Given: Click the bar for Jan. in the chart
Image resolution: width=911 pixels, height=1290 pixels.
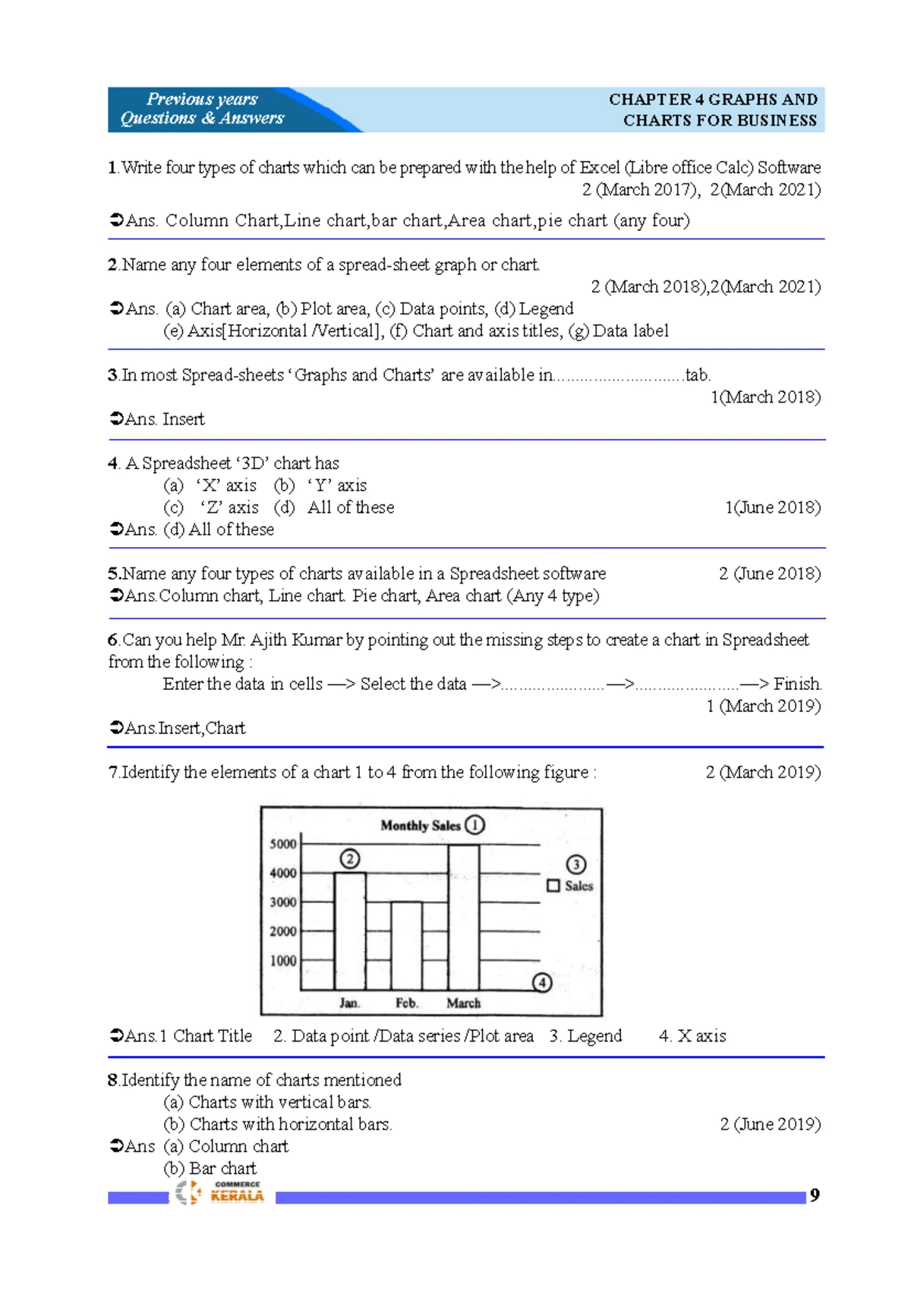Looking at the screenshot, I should tap(350, 931).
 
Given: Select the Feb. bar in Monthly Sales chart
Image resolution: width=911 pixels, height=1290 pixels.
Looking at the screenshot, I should tap(406, 946).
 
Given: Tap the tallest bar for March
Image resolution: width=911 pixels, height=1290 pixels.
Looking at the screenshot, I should tap(463, 917).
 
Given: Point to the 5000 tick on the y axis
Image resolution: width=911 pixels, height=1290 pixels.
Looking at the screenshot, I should tap(283, 844).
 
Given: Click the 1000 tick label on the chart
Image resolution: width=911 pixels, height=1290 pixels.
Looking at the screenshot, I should tap(283, 961).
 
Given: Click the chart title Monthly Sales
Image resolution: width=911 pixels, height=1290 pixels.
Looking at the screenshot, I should tap(421, 826).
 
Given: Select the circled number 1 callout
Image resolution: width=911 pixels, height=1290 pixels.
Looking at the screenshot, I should tap(474, 825).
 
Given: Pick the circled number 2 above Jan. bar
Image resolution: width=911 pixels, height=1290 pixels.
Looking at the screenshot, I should tap(349, 859).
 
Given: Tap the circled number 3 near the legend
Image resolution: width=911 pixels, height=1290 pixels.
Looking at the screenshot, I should tap(576, 865).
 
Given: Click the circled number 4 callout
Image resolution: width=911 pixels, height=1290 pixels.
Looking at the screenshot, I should tap(541, 983).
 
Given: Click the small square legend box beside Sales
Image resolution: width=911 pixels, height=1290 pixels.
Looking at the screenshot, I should tap(553, 886).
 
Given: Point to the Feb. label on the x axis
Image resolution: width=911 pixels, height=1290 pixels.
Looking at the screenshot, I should tap(406, 1004).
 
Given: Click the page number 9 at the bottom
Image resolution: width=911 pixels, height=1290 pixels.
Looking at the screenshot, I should tap(815, 1195).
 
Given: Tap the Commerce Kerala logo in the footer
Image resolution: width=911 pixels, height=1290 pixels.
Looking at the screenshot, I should tap(220, 1192).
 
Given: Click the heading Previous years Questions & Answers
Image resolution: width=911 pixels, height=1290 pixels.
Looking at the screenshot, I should tap(202, 109).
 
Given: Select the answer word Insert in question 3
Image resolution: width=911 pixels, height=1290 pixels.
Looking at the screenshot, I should tap(183, 419).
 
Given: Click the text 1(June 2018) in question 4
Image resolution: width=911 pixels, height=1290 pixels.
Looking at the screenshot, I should tap(772, 507).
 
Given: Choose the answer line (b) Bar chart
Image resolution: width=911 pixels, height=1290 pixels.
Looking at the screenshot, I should tap(210, 1168).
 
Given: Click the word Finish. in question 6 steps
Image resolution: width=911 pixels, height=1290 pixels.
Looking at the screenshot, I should tap(797, 684).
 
